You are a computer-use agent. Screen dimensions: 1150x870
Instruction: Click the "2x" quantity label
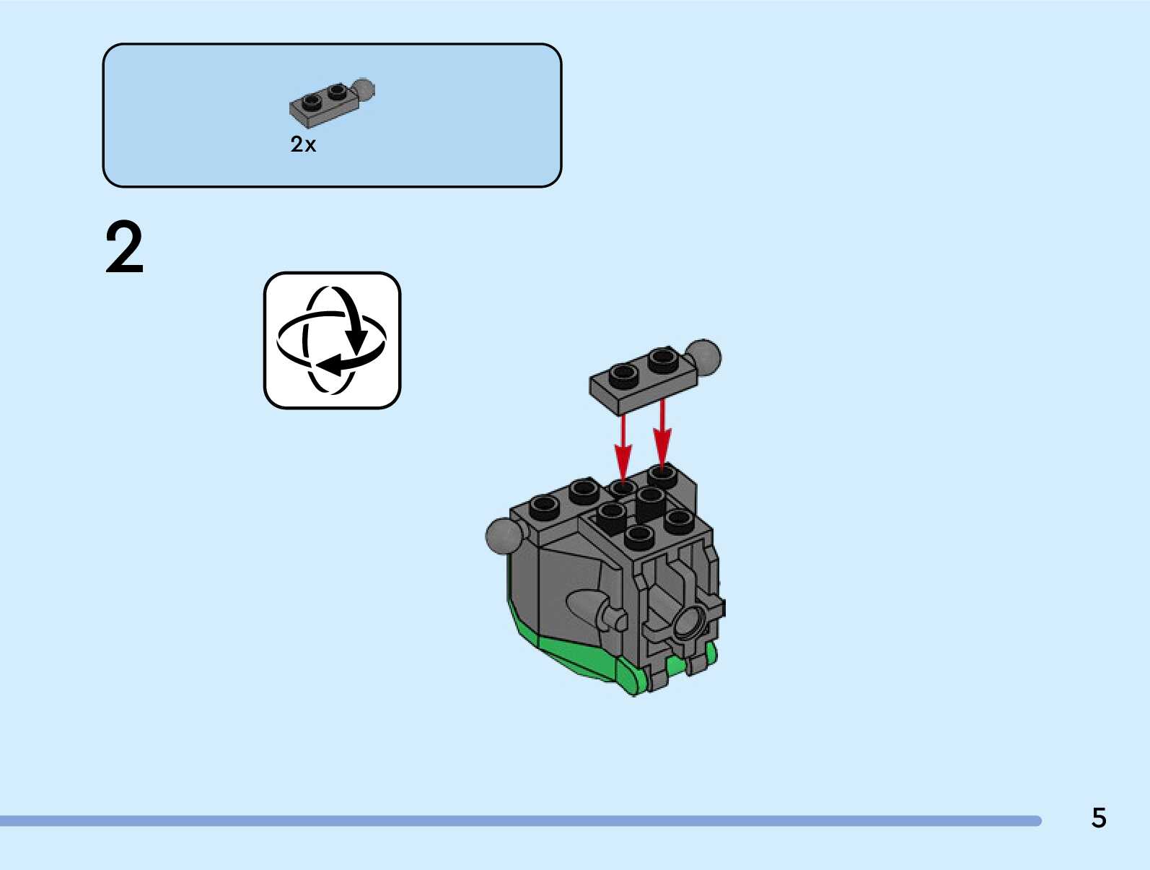(303, 144)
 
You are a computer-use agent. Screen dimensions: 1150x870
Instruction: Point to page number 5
(1098, 817)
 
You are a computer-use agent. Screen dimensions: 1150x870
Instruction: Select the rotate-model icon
(332, 340)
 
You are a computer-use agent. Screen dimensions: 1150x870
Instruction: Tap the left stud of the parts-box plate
(312, 100)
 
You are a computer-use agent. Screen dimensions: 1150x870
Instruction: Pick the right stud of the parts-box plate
(336, 91)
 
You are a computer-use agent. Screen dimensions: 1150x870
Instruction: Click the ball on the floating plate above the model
(703, 357)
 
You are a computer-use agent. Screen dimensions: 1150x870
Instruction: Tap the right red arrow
(662, 433)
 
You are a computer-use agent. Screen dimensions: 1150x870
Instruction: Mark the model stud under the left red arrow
(623, 487)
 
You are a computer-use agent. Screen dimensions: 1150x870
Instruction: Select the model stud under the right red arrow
(662, 474)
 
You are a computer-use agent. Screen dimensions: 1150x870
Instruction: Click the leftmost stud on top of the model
(545, 505)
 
